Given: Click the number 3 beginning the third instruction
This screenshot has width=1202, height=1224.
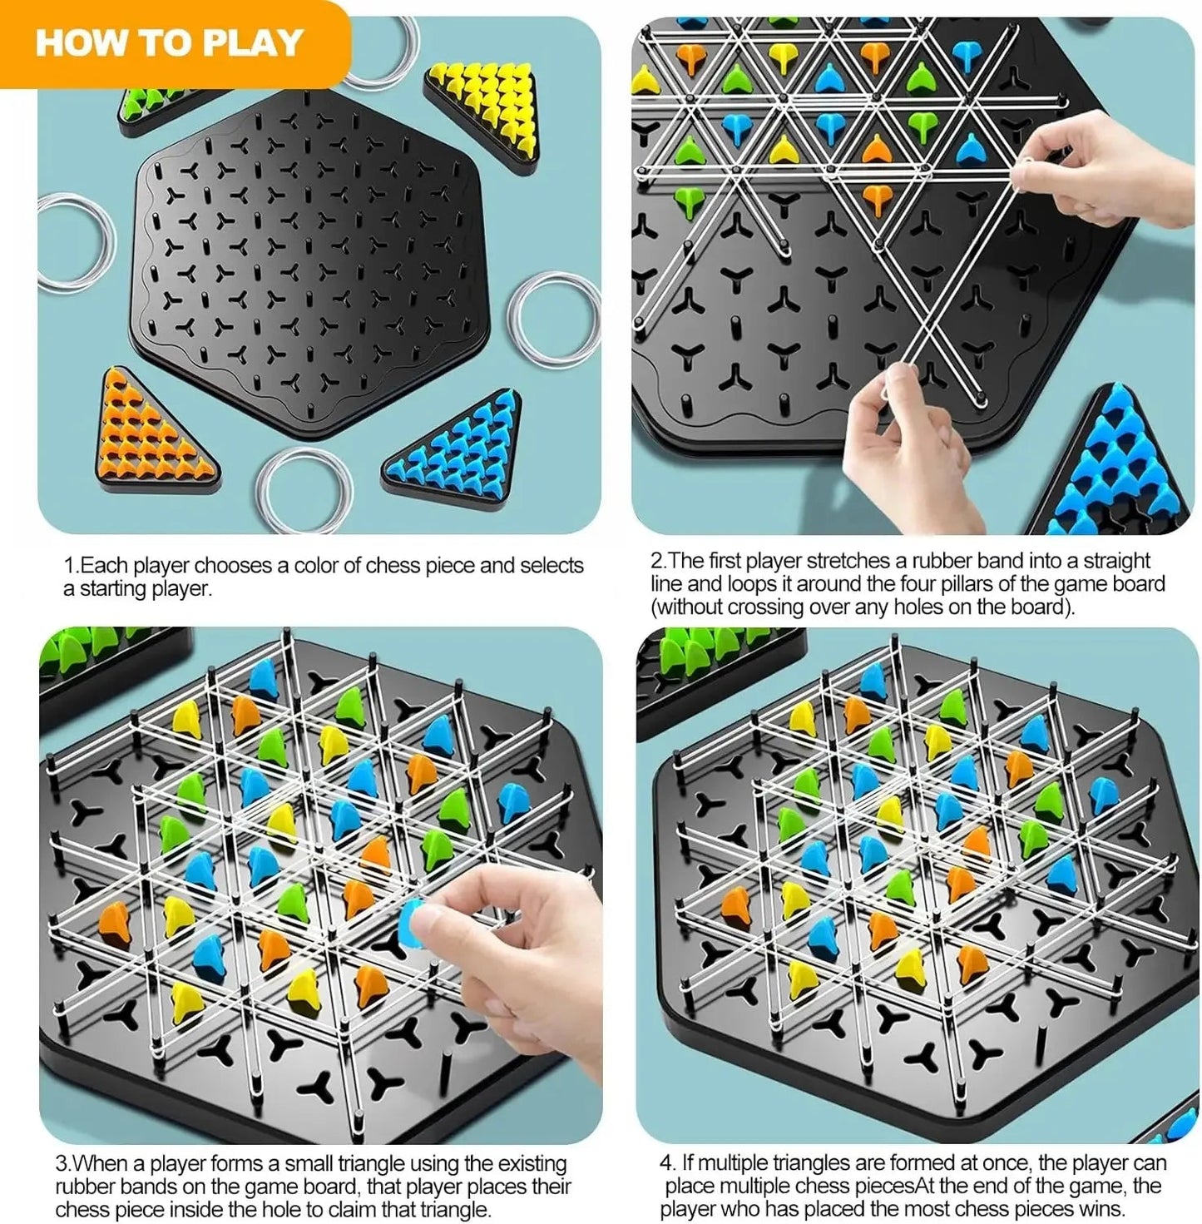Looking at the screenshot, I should click(x=62, y=1164).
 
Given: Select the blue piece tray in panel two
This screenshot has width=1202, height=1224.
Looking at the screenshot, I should click(x=1115, y=466).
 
